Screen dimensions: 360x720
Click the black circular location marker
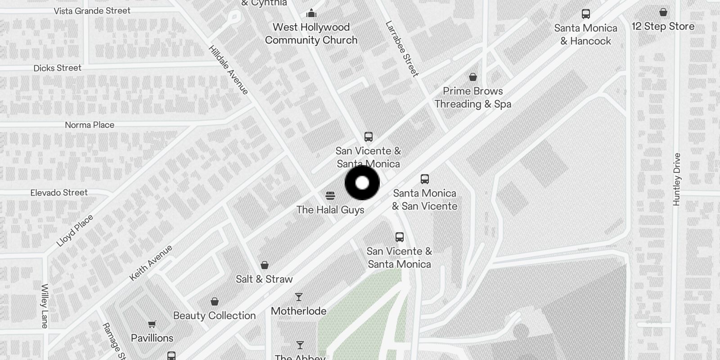click(362, 183)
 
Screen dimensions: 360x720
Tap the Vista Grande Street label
click(92, 11)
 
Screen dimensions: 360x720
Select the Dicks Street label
click(58, 68)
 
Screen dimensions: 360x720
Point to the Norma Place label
click(90, 125)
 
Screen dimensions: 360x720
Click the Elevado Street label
click(59, 193)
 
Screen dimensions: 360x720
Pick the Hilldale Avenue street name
click(229, 70)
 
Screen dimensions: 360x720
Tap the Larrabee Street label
click(402, 49)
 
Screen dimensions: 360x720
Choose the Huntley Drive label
click(677, 180)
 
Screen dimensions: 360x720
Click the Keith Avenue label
click(151, 263)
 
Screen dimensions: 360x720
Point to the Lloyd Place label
click(75, 231)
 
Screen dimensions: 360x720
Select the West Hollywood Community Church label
click(311, 34)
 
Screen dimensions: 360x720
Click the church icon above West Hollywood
click(311, 13)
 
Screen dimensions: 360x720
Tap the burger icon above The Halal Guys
click(330, 196)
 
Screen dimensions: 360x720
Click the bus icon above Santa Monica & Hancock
click(585, 14)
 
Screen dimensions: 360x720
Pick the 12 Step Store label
click(663, 27)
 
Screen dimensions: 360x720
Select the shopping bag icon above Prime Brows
click(472, 77)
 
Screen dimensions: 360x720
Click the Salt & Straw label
click(264, 279)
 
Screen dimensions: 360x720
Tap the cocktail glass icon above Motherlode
click(299, 297)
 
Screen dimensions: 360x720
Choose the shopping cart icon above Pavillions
click(152, 324)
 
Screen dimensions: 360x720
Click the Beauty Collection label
click(214, 315)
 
